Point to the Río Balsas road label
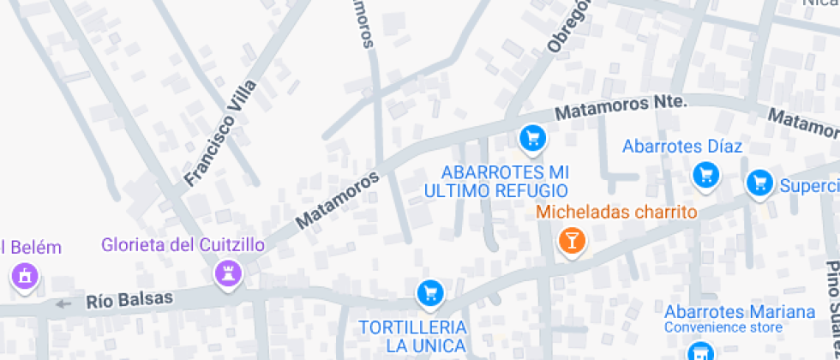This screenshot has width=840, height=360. pyautogui.click(x=129, y=300)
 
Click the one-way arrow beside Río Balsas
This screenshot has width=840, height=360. pyautogui.click(x=63, y=303)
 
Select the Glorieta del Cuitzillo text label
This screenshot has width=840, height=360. pyautogui.click(x=183, y=245)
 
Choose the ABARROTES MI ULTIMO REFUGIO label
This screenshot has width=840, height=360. pyautogui.click(x=505, y=181)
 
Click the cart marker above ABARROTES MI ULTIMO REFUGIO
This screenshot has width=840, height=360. pyautogui.click(x=532, y=137)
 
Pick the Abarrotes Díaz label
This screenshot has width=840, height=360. pyautogui.click(x=681, y=147)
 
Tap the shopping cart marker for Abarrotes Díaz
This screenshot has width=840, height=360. pyautogui.click(x=706, y=176)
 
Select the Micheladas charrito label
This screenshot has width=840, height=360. pyautogui.click(x=616, y=212)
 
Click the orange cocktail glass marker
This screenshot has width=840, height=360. pyautogui.click(x=571, y=240)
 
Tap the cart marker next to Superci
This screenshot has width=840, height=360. pyautogui.click(x=758, y=182)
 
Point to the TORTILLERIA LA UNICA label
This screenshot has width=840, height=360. pyautogui.click(x=413, y=336)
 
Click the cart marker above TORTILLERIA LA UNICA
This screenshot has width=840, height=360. pyautogui.click(x=429, y=294)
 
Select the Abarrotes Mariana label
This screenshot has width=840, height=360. pyautogui.click(x=739, y=311)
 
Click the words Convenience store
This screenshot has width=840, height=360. pyautogui.click(x=723, y=327)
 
